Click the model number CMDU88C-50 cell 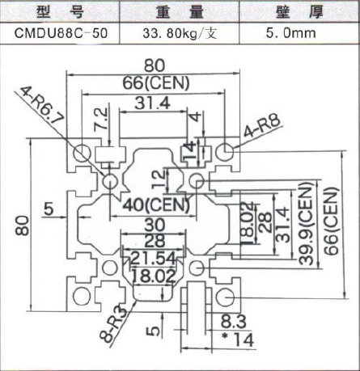click(61, 33)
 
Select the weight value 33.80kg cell click(180, 34)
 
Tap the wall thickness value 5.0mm click(291, 33)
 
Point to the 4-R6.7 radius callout click(42, 105)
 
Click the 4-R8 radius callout click(262, 126)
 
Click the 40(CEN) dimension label click(156, 205)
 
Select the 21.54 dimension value click(153, 259)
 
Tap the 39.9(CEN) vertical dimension click(307, 223)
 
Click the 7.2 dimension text click(102, 120)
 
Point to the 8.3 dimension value click(234, 322)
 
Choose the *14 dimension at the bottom click(238, 339)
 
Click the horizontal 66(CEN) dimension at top click(156, 83)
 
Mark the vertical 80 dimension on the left click(23, 226)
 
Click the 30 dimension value click(155, 225)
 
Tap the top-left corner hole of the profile click(82, 153)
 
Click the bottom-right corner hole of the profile click(225, 297)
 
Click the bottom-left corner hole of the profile click(82, 297)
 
